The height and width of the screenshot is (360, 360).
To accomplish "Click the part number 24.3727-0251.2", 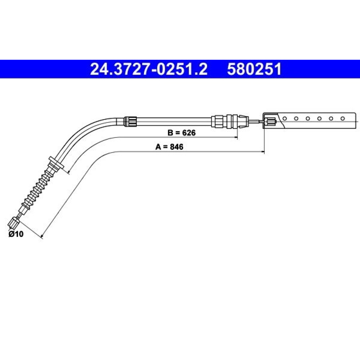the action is point(149,69).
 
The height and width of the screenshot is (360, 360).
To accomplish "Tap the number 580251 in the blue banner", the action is point(254,69).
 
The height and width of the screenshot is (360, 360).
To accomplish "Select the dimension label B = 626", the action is point(181,133).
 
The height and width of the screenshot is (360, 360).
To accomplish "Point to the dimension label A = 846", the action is point(170,147).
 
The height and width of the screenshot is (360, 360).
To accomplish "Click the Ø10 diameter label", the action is point(16,234).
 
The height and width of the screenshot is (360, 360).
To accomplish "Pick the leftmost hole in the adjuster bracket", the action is point(285,118).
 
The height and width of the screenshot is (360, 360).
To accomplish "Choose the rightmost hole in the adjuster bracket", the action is point(343,118).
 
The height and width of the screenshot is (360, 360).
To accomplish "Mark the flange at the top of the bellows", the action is point(56,163).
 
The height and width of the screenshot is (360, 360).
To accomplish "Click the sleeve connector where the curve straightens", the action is point(130,121).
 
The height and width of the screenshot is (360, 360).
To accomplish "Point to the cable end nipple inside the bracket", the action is point(270,121).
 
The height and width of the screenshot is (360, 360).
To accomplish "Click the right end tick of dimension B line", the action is point(237,137).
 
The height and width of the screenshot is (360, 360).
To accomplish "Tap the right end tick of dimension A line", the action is point(264,152).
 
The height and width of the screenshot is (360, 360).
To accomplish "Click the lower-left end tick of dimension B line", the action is point(68,172).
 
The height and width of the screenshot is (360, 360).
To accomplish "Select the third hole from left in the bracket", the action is point(308,118).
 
